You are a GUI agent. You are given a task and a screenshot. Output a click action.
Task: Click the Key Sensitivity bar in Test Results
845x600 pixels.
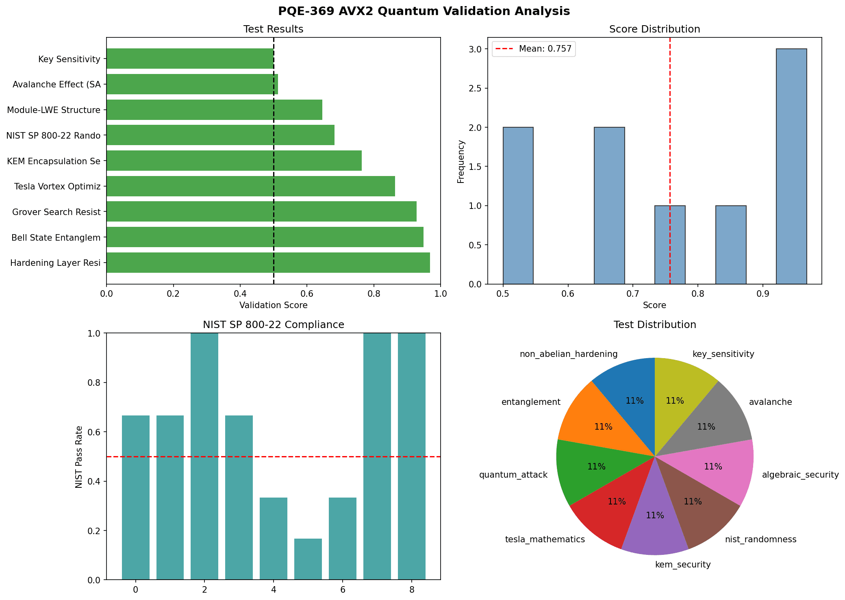(190, 59)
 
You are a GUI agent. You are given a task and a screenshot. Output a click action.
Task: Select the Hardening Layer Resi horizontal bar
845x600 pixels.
(268, 263)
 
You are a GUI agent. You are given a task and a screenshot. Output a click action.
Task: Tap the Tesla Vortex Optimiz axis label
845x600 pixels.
(57, 187)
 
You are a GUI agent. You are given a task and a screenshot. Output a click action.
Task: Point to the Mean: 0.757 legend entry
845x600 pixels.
(534, 49)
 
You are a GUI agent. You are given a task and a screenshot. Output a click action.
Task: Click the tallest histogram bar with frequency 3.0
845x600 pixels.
(791, 166)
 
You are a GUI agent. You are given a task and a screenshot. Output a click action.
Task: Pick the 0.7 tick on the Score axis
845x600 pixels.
(633, 294)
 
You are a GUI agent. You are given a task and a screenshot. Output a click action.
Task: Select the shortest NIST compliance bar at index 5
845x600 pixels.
(308, 559)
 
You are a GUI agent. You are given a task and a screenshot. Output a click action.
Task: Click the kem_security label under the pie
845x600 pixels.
(683, 565)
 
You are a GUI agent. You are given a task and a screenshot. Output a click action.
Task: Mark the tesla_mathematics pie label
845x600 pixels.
(545, 539)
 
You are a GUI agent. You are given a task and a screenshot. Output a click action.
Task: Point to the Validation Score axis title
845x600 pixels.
(273, 305)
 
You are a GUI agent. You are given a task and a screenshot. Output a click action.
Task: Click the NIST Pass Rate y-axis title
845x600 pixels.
(79, 457)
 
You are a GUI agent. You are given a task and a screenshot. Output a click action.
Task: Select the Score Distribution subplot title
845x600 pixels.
(654, 29)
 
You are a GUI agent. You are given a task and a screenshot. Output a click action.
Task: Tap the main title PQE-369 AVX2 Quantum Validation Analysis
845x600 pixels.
(424, 11)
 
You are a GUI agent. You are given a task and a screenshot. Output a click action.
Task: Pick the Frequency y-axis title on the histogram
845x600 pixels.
(461, 161)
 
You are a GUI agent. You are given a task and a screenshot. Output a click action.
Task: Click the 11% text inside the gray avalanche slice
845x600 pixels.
(706, 426)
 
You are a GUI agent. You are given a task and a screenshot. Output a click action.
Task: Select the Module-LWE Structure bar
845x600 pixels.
(214, 110)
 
